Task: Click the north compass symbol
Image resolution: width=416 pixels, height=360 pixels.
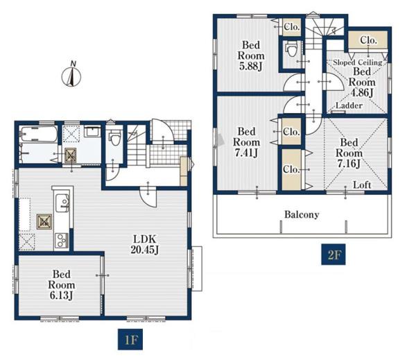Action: pos(71,76)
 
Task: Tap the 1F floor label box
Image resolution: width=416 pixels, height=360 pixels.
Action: pos(130,339)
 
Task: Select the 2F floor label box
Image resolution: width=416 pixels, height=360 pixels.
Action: pos(333,255)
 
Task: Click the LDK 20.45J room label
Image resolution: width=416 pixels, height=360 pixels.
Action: pos(145,244)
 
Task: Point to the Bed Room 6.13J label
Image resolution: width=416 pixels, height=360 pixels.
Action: pos(61,284)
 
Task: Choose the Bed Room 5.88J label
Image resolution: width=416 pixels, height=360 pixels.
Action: pos(251,55)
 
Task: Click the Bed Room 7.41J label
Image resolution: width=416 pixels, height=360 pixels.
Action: pos(246,142)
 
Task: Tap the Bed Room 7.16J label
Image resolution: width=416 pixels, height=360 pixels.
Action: pos(349,153)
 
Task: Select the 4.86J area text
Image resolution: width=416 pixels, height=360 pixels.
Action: pos(362,92)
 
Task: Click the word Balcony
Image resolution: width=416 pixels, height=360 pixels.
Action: pos(302,214)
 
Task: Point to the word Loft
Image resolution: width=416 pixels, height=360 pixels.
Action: pos(362,185)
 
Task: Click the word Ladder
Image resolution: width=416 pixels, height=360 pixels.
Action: pos(349,105)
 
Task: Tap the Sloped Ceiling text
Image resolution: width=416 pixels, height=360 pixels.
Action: pos(357,62)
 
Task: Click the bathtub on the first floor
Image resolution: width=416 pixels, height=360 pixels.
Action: pos(39,135)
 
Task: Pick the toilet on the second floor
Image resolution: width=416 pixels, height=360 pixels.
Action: pos(291,50)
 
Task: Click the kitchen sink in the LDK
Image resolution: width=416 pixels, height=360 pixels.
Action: pos(62,203)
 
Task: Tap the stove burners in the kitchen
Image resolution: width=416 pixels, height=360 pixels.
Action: pos(62,240)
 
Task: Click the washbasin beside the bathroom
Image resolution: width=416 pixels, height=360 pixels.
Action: pos(92,131)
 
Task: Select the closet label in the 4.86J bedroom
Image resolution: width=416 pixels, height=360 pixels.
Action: pos(368,40)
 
